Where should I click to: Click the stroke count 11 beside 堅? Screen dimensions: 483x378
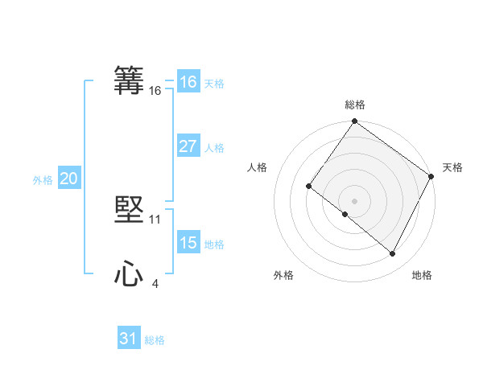click(x=155, y=220)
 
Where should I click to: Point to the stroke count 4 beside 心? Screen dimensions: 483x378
click(x=155, y=284)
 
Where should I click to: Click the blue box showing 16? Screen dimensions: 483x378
click(x=188, y=82)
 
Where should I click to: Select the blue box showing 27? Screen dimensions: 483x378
click(x=188, y=146)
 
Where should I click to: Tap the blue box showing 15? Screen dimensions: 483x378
click(x=188, y=243)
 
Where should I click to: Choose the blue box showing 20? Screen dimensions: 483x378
click(x=68, y=179)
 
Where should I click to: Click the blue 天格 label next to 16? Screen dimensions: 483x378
click(x=214, y=84)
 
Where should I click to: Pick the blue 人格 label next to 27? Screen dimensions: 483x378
click(x=214, y=148)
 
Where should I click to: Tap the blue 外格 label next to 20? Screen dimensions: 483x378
click(x=43, y=180)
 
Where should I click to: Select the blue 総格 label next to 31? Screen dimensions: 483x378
click(x=155, y=340)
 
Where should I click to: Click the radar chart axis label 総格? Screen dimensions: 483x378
click(x=355, y=105)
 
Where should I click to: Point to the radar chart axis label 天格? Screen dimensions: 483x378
click(x=453, y=167)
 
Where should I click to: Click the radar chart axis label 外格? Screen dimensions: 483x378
click(x=283, y=275)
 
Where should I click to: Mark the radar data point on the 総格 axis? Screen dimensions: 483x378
click(x=355, y=122)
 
